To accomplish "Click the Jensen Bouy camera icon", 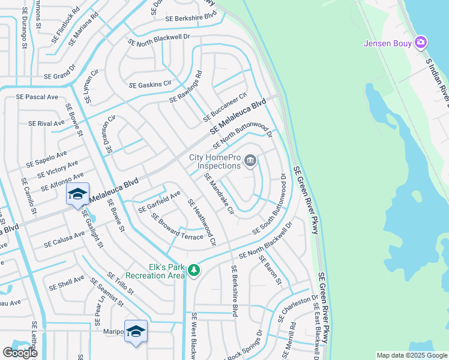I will (421, 43).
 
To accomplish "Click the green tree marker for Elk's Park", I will (193, 271).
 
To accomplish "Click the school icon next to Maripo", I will (136, 331).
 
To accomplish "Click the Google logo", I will (20, 353).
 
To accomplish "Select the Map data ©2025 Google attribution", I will (412, 355).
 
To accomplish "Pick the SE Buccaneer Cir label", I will (225, 106).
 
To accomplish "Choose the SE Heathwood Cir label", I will (201, 222).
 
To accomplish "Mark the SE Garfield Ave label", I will (159, 202).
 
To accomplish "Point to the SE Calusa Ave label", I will (64, 239).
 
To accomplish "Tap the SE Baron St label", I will (270, 269).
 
